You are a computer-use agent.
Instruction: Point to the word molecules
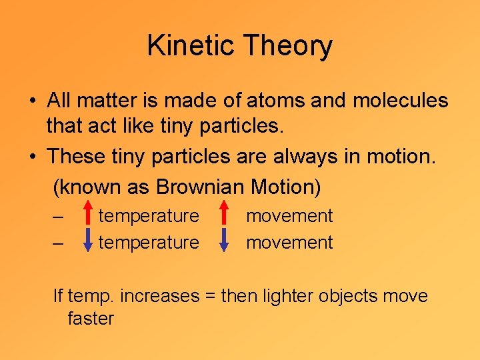pyautogui.click(x=400, y=101)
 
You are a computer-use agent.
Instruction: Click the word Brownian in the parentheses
pyautogui.click(x=200, y=187)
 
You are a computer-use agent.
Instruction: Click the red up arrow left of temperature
pyautogui.click(x=88, y=216)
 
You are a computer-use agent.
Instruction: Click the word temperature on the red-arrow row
pyautogui.click(x=149, y=216)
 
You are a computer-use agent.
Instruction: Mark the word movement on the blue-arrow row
pyautogui.click(x=289, y=243)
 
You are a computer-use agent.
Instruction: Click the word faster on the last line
pyautogui.click(x=91, y=319)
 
